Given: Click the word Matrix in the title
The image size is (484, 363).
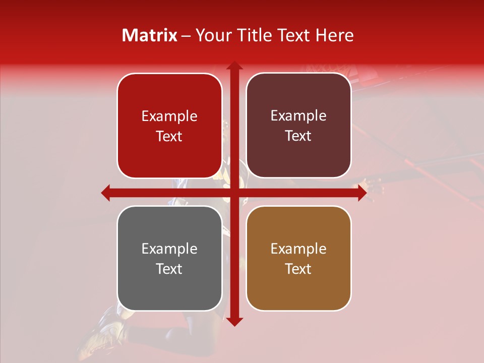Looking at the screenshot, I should [x=150, y=35].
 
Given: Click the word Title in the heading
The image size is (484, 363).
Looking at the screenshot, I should [x=251, y=35].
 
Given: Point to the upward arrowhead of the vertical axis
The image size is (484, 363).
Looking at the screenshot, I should [x=233, y=66].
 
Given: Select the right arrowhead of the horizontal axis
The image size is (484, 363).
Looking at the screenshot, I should [x=361, y=193].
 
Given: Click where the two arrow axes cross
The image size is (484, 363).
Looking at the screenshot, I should [x=233, y=193].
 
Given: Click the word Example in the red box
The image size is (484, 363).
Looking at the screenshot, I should [x=169, y=116].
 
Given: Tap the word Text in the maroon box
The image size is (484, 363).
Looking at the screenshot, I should [x=298, y=136].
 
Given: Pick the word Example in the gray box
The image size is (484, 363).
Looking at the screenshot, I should [x=169, y=249].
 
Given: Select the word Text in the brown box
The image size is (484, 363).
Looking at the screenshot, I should [x=298, y=269].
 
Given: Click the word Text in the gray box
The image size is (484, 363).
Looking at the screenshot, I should [x=169, y=269].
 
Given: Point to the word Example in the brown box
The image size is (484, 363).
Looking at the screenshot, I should [x=298, y=249].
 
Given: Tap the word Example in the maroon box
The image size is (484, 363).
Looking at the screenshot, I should [x=298, y=116].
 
